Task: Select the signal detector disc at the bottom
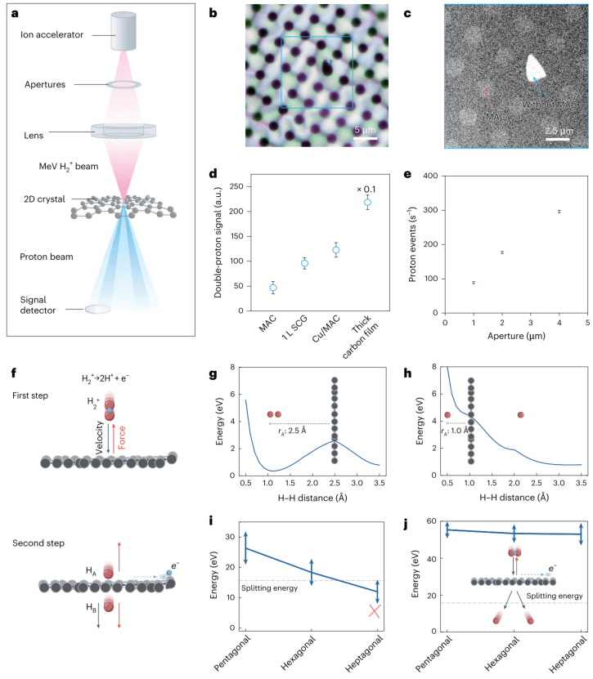[97, 309]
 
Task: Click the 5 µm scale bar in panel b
[343, 139]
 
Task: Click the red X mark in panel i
[375, 610]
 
